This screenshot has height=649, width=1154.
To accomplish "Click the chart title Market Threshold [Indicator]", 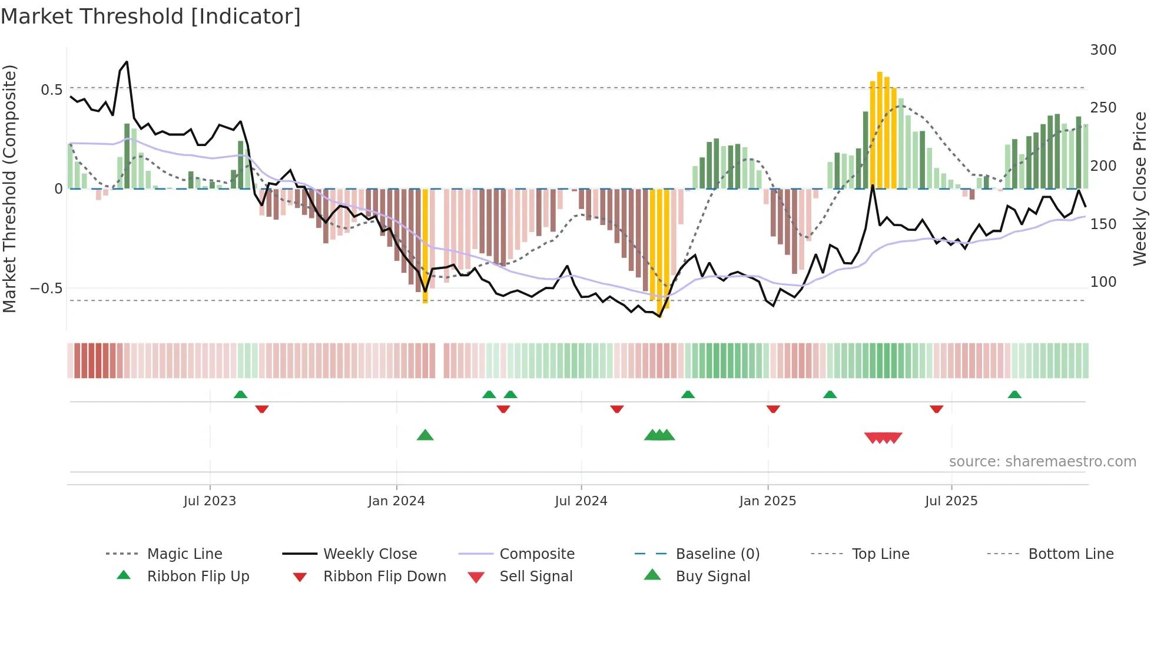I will (151, 16).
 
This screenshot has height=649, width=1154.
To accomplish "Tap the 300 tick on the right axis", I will (1103, 50).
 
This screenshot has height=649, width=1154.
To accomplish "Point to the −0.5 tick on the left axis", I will (47, 289).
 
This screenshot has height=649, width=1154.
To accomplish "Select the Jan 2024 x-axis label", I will (396, 501).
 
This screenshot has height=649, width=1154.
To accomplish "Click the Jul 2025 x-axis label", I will (951, 501).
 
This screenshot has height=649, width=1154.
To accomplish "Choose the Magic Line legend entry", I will (184, 554).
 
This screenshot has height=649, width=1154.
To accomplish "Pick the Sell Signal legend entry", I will (535, 577).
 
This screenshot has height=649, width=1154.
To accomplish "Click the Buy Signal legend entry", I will (712, 577).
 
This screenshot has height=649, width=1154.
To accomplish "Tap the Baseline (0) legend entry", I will (717, 554).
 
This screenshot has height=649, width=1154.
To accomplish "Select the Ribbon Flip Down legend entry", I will (384, 577).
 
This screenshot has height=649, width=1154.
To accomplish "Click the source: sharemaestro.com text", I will (1042, 462).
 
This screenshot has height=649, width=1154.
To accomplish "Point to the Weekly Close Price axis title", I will (1140, 188).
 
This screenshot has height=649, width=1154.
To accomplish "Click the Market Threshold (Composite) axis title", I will (9, 188).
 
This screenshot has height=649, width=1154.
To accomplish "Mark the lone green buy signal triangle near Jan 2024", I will (425, 435).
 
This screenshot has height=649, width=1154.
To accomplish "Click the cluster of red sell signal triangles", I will (883, 438).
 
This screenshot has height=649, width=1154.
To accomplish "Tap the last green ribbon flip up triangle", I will (1014, 395).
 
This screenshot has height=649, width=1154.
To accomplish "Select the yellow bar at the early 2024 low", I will (425, 246).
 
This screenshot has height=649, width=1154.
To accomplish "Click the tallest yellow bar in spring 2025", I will (880, 130).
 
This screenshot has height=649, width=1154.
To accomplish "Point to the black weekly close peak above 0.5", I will (126, 62).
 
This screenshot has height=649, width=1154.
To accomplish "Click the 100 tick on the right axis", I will (1103, 282).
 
